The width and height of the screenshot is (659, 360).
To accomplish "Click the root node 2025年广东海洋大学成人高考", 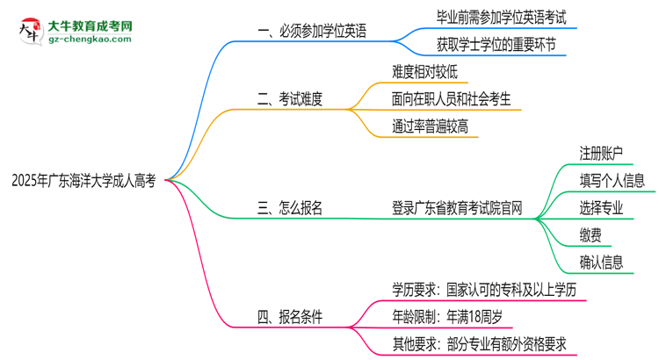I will pos(83,181).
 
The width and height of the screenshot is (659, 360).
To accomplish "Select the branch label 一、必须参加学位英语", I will pos(312,32).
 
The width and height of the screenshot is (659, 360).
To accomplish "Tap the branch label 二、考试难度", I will pos(289,99).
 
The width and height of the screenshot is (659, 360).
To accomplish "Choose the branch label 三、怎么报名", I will pos(289,208).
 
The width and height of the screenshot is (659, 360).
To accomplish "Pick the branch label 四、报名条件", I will pos(289,314).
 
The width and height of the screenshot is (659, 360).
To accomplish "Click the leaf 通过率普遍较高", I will pos(431,126).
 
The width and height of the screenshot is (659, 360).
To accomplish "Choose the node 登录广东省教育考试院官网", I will pos(458,208).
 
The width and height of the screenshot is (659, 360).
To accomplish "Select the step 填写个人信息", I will pos(612,181).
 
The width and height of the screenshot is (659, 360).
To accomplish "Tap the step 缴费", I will pos(590,235).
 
